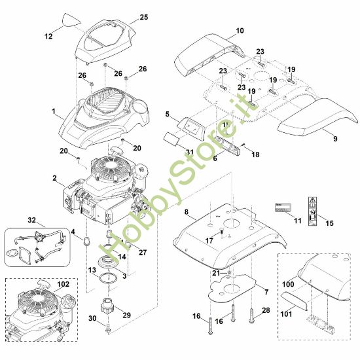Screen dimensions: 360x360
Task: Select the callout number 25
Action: point(144,16)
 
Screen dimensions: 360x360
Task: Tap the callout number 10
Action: point(221,31)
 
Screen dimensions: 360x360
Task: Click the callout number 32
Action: point(14,221)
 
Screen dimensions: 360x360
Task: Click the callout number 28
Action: point(265,310)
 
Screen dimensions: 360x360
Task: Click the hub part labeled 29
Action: point(108,305)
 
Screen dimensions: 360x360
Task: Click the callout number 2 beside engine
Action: point(54,178)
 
